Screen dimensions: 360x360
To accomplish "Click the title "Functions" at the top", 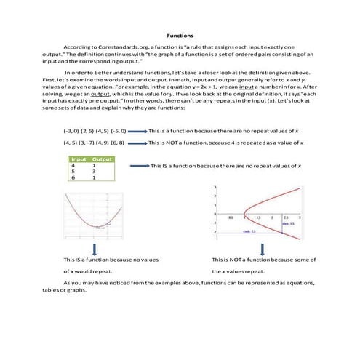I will pos(180,34).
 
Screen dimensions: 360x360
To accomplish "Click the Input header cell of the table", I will pos(77,159).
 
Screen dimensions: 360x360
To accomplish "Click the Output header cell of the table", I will pos(101,159).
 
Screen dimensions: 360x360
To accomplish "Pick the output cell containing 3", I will pos(95,172).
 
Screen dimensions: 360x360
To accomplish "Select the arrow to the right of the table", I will pos(138,167).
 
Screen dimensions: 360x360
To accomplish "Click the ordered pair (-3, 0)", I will pos(71,130).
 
